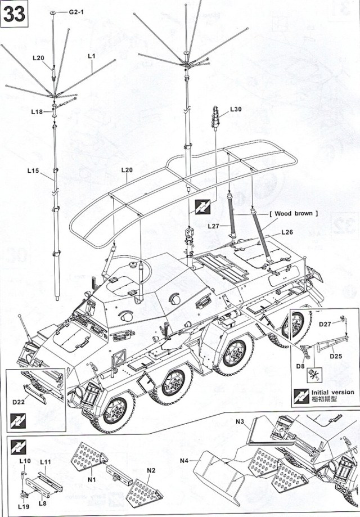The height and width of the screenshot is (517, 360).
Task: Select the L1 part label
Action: [92, 56]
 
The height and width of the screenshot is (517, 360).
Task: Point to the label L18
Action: [37, 113]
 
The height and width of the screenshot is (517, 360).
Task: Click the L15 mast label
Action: [33, 170]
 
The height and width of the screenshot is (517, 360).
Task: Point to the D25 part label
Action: [336, 356]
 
